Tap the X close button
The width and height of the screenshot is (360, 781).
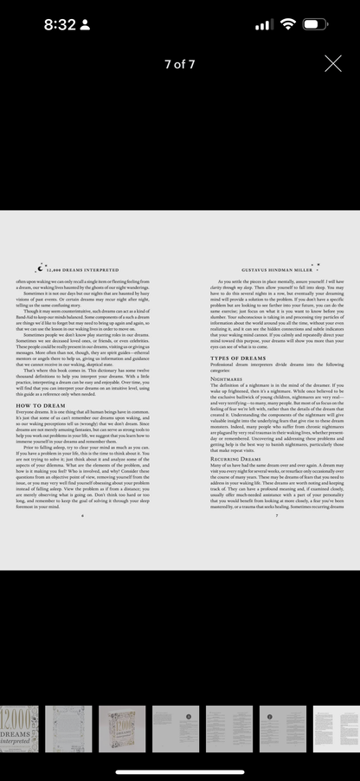click(333, 63)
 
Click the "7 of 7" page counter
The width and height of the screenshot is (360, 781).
click(180, 64)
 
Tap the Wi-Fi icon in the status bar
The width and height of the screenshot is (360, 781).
click(287, 25)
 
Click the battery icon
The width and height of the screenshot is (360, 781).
click(317, 25)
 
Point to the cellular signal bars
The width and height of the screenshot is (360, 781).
click(264, 25)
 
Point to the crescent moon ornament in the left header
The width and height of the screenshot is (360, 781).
click(39, 268)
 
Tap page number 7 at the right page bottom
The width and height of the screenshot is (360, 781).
click(276, 515)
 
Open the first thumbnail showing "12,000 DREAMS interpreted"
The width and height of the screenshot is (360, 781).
click(19, 728)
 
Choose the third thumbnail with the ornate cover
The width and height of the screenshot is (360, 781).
click(122, 728)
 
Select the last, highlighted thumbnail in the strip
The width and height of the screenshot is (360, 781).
click(335, 728)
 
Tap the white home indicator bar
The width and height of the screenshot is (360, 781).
click(180, 770)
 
